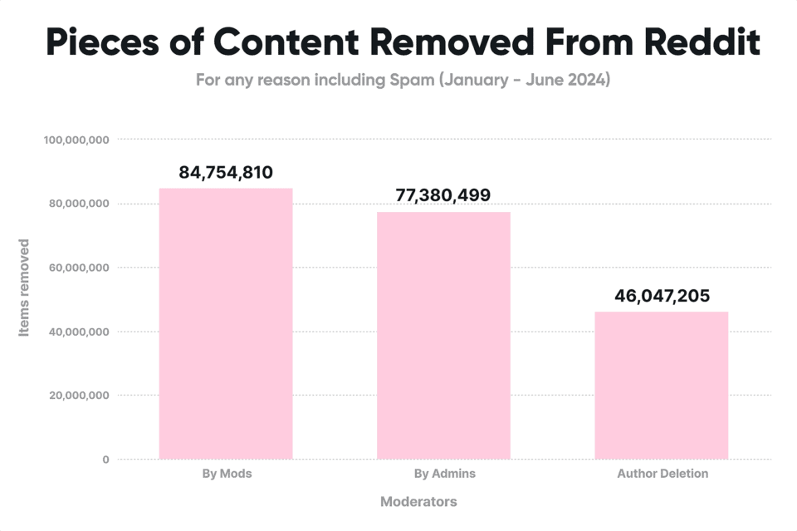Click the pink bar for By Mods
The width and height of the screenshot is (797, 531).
[226, 323]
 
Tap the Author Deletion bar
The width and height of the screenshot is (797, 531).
[662, 386]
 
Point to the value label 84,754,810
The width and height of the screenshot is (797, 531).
[226, 173]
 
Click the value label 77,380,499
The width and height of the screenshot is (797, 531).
[443, 196]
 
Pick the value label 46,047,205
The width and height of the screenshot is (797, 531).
[662, 296]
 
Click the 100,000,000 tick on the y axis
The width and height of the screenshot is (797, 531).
[76, 140]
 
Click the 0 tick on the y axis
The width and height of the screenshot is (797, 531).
[105, 460]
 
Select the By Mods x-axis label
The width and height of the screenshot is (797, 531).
[226, 474]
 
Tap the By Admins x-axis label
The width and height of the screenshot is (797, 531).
[444, 474]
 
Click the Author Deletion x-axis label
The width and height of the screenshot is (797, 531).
[663, 474]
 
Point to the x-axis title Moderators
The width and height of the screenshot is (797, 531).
[418, 502]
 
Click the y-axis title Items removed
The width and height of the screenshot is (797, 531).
[24, 288]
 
